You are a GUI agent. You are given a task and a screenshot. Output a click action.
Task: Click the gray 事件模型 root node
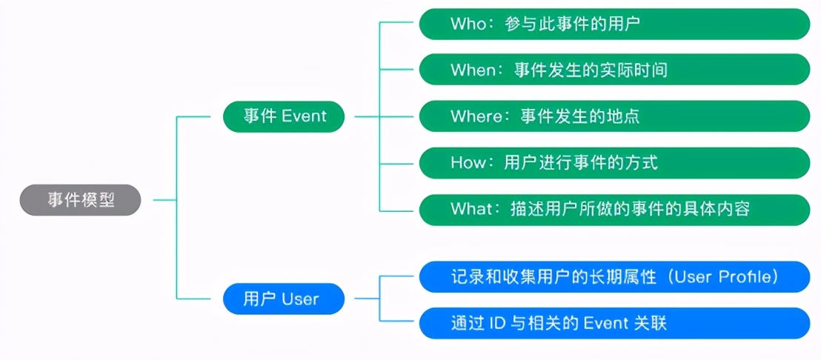pos(80,200)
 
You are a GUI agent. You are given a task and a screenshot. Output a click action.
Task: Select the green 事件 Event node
pos(284,116)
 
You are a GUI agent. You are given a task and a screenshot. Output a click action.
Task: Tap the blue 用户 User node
pos(284,299)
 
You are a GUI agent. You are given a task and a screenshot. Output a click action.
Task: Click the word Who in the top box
pos(469,24)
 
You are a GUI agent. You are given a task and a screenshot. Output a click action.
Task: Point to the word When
pos(473,70)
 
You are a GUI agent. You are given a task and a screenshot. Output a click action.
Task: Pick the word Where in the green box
pos(476,116)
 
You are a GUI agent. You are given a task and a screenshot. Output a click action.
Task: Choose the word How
pos(467,162)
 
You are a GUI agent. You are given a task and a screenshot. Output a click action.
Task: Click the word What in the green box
pos(471,209)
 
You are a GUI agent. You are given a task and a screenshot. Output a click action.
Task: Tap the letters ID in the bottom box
pos(500,324)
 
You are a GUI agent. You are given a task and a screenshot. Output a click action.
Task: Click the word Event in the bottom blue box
pos(605,324)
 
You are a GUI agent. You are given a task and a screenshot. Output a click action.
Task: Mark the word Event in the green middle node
pos(304,116)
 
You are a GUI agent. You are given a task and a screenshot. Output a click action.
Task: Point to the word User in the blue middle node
pos(300,299)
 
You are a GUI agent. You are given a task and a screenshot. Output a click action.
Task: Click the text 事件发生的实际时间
pos(591,70)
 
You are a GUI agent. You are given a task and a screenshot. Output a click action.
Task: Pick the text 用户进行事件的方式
pos(580,162)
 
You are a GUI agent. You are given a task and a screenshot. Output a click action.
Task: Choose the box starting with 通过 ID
pos(614,324)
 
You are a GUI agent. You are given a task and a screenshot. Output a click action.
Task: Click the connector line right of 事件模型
pos(164,200)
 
